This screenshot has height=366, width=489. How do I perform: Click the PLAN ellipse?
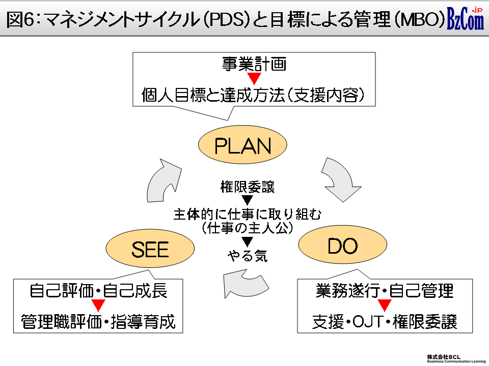(x=242, y=145)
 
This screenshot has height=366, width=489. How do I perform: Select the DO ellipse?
(x=342, y=245)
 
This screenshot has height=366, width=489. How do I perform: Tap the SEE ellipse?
(x=150, y=249)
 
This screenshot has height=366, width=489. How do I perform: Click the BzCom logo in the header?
(x=465, y=18)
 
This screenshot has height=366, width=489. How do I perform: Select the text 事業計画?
(x=254, y=64)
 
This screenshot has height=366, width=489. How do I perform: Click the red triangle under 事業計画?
(x=254, y=79)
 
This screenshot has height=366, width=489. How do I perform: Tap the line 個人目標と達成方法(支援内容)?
(x=253, y=95)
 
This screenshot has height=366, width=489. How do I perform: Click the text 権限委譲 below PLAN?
(x=248, y=187)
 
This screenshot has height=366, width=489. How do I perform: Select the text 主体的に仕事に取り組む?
(x=248, y=214)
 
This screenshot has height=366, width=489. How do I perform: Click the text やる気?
(x=248, y=256)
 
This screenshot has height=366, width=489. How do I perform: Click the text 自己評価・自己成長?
(x=98, y=291)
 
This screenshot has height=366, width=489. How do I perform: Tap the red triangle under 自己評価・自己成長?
(x=98, y=306)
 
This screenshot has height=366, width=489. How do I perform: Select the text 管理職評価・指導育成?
(x=98, y=321)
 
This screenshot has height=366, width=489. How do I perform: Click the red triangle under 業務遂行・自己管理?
(x=384, y=306)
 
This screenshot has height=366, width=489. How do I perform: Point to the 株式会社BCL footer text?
(x=444, y=357)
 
